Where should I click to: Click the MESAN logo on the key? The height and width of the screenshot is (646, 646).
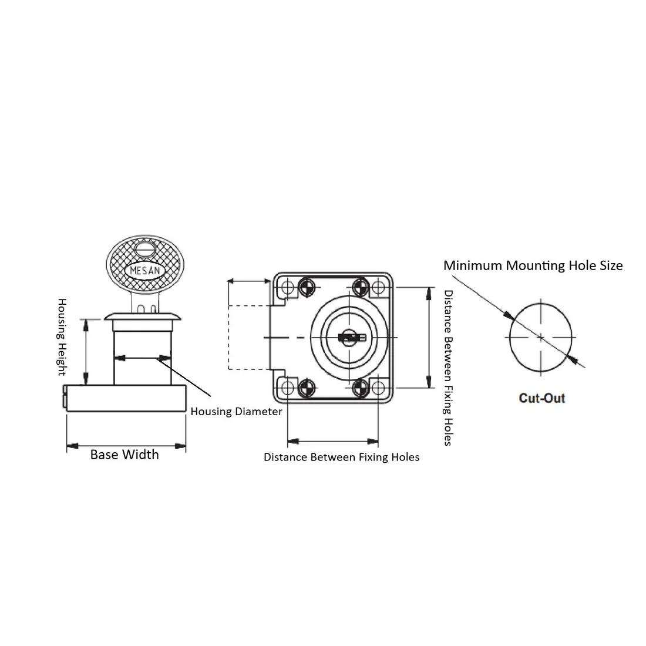coord(145,271)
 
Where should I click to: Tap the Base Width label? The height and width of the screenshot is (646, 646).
coord(125,455)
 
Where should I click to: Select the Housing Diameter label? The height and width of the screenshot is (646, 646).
coord(236,412)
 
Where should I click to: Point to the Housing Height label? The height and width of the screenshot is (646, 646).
coord(62,337)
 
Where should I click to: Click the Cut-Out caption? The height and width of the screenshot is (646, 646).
coord(542,398)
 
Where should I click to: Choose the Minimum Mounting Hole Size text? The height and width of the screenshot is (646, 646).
coord(533,265)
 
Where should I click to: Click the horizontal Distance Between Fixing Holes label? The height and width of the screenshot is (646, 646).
coord(342,457)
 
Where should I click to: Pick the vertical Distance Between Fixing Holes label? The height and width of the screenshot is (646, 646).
coord(448,368)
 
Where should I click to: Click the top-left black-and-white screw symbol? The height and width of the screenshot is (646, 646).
coord(306,287)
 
